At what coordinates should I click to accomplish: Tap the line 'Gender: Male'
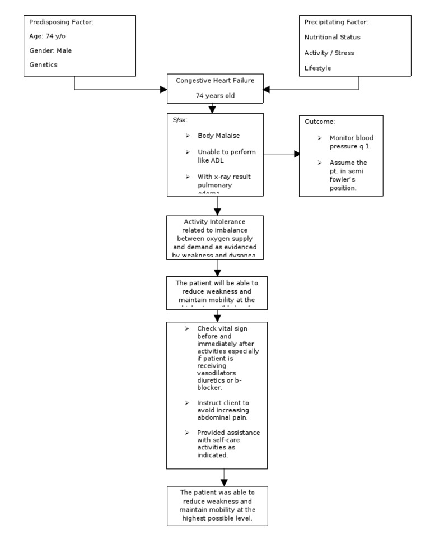[x=50, y=51]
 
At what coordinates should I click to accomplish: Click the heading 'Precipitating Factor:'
[x=336, y=22]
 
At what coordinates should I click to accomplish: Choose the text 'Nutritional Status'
[x=332, y=38]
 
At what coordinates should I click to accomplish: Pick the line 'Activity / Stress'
[x=329, y=53]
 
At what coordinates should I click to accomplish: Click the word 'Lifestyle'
[x=317, y=68]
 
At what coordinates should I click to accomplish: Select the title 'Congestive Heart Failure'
[x=215, y=81]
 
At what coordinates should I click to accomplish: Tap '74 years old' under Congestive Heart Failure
[x=215, y=95]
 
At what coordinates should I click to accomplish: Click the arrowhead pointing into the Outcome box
[x=296, y=154]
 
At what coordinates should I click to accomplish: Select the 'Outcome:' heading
[x=320, y=122]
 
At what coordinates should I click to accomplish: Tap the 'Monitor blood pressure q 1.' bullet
[x=351, y=142]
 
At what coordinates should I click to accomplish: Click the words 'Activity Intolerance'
[x=215, y=222]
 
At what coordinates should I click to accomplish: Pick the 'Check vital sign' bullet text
[x=224, y=329]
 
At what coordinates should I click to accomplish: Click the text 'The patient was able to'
[x=215, y=491]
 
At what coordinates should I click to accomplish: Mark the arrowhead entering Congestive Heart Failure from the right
[x=267, y=89]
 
